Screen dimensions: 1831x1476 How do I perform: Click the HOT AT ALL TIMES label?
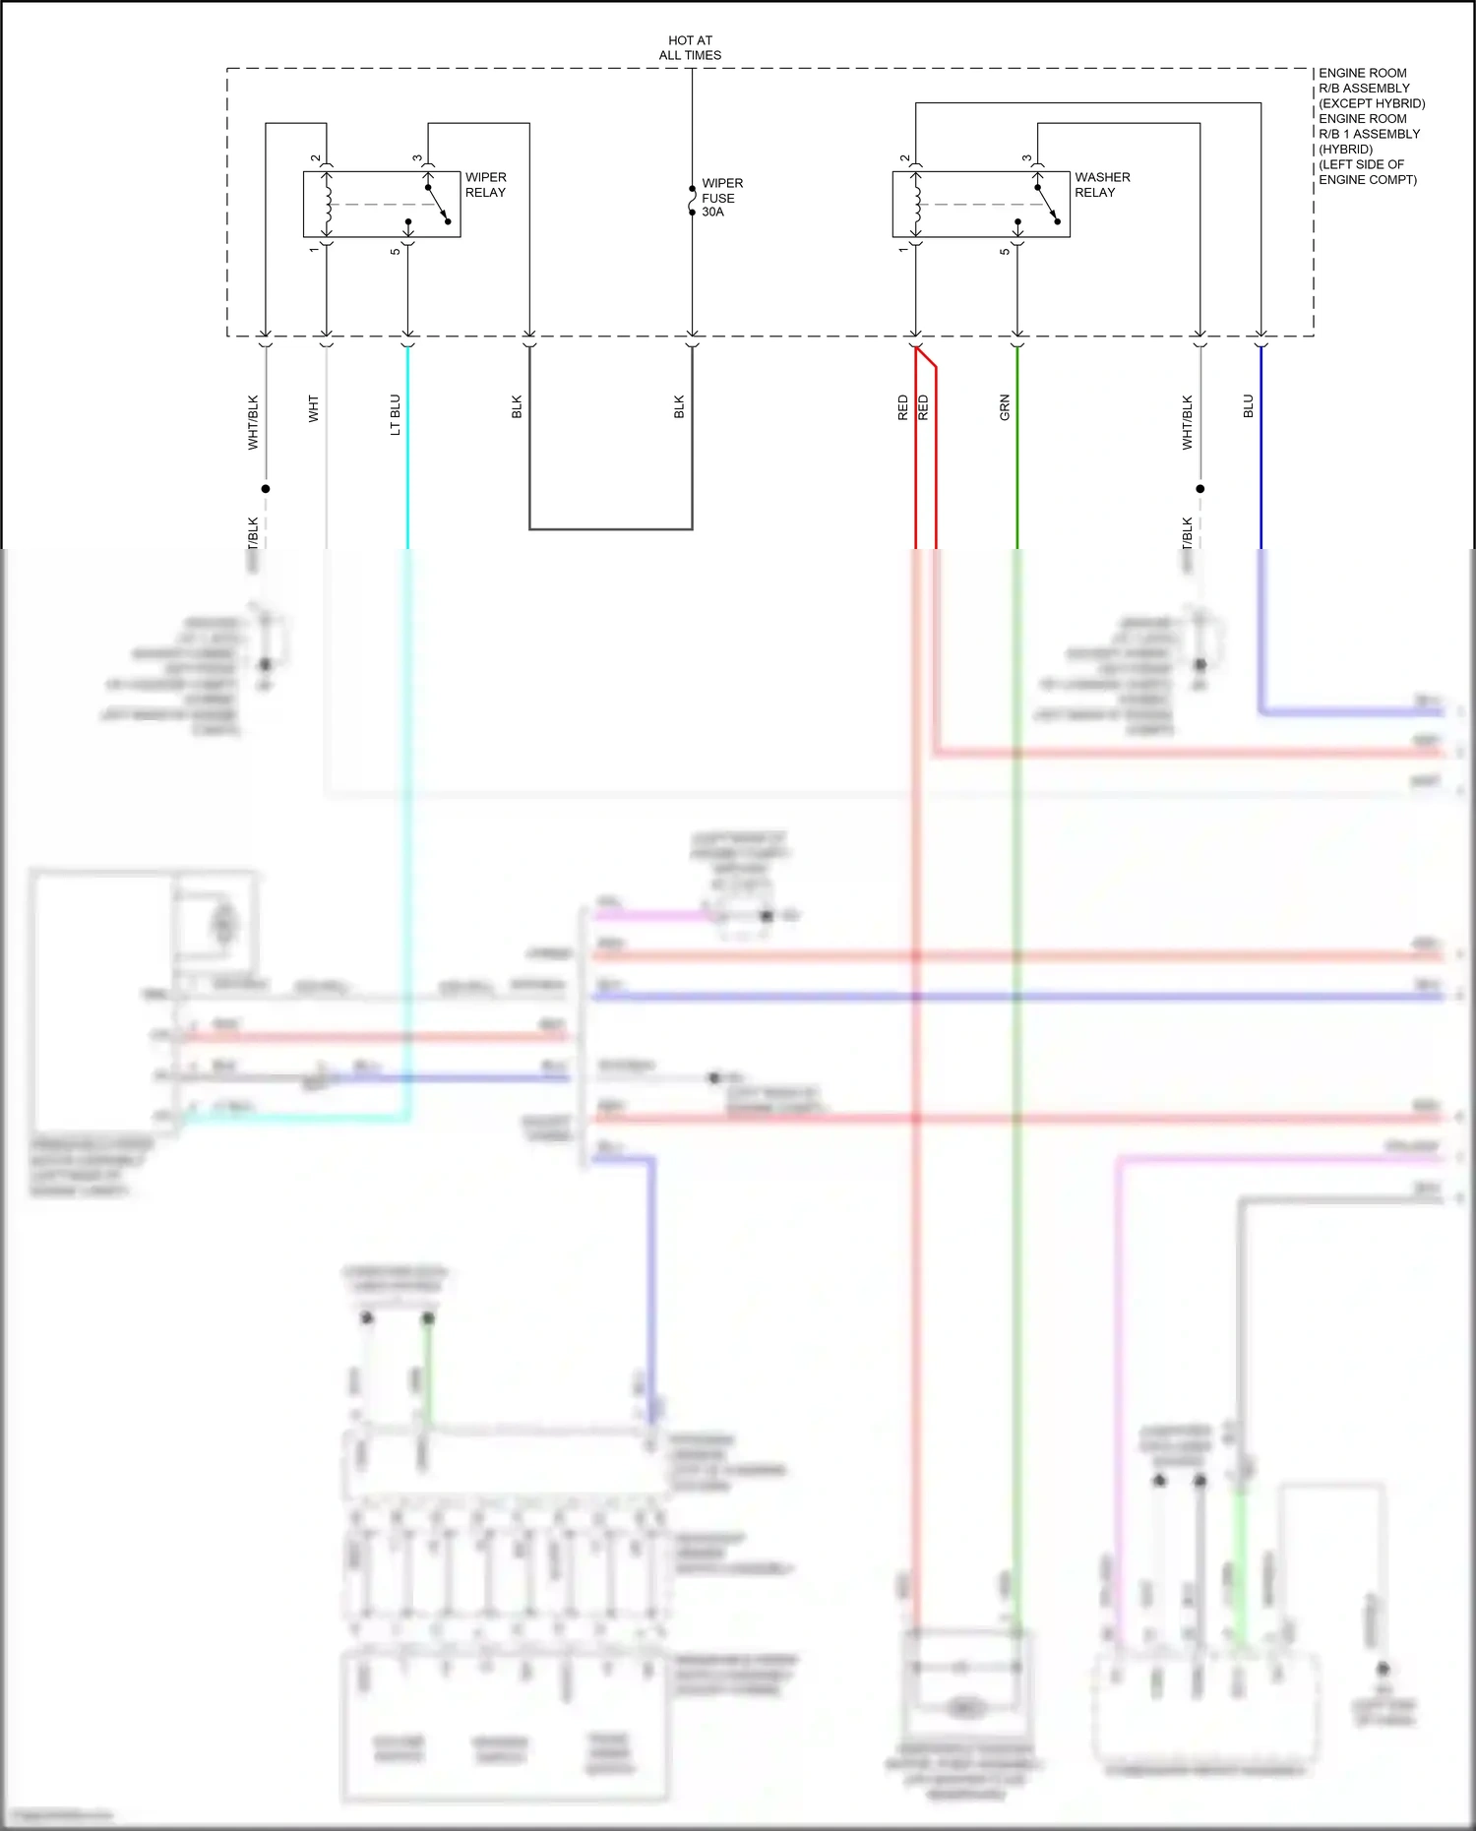[x=690, y=48]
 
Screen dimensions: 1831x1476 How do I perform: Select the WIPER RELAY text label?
[x=485, y=185]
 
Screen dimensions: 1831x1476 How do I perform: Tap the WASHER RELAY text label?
[x=1101, y=185]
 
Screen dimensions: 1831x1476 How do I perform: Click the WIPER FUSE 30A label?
[x=721, y=198]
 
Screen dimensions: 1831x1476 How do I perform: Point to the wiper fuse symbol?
[x=692, y=201]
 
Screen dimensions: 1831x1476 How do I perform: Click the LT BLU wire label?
[x=396, y=414]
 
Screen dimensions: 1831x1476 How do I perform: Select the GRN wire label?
[x=1005, y=407]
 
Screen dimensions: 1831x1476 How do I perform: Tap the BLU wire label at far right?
[x=1248, y=405]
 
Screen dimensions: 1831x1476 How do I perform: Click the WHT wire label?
[x=314, y=408]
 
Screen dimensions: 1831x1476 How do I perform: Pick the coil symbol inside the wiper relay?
[x=328, y=205]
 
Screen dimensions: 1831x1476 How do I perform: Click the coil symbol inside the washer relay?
[x=917, y=205]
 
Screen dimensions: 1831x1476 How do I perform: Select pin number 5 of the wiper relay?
[x=396, y=252]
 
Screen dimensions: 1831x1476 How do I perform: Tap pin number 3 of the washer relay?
[x=1026, y=157]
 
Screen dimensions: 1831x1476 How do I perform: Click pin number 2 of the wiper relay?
[x=315, y=157]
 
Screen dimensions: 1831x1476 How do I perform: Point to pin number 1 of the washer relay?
[x=903, y=250]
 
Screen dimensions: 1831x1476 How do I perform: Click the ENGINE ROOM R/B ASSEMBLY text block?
[x=1371, y=126]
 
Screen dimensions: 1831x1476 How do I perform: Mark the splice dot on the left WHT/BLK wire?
[x=265, y=488]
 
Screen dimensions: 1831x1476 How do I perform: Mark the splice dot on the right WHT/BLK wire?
[x=1199, y=488]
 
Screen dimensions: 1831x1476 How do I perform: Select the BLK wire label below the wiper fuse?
[x=679, y=407]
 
